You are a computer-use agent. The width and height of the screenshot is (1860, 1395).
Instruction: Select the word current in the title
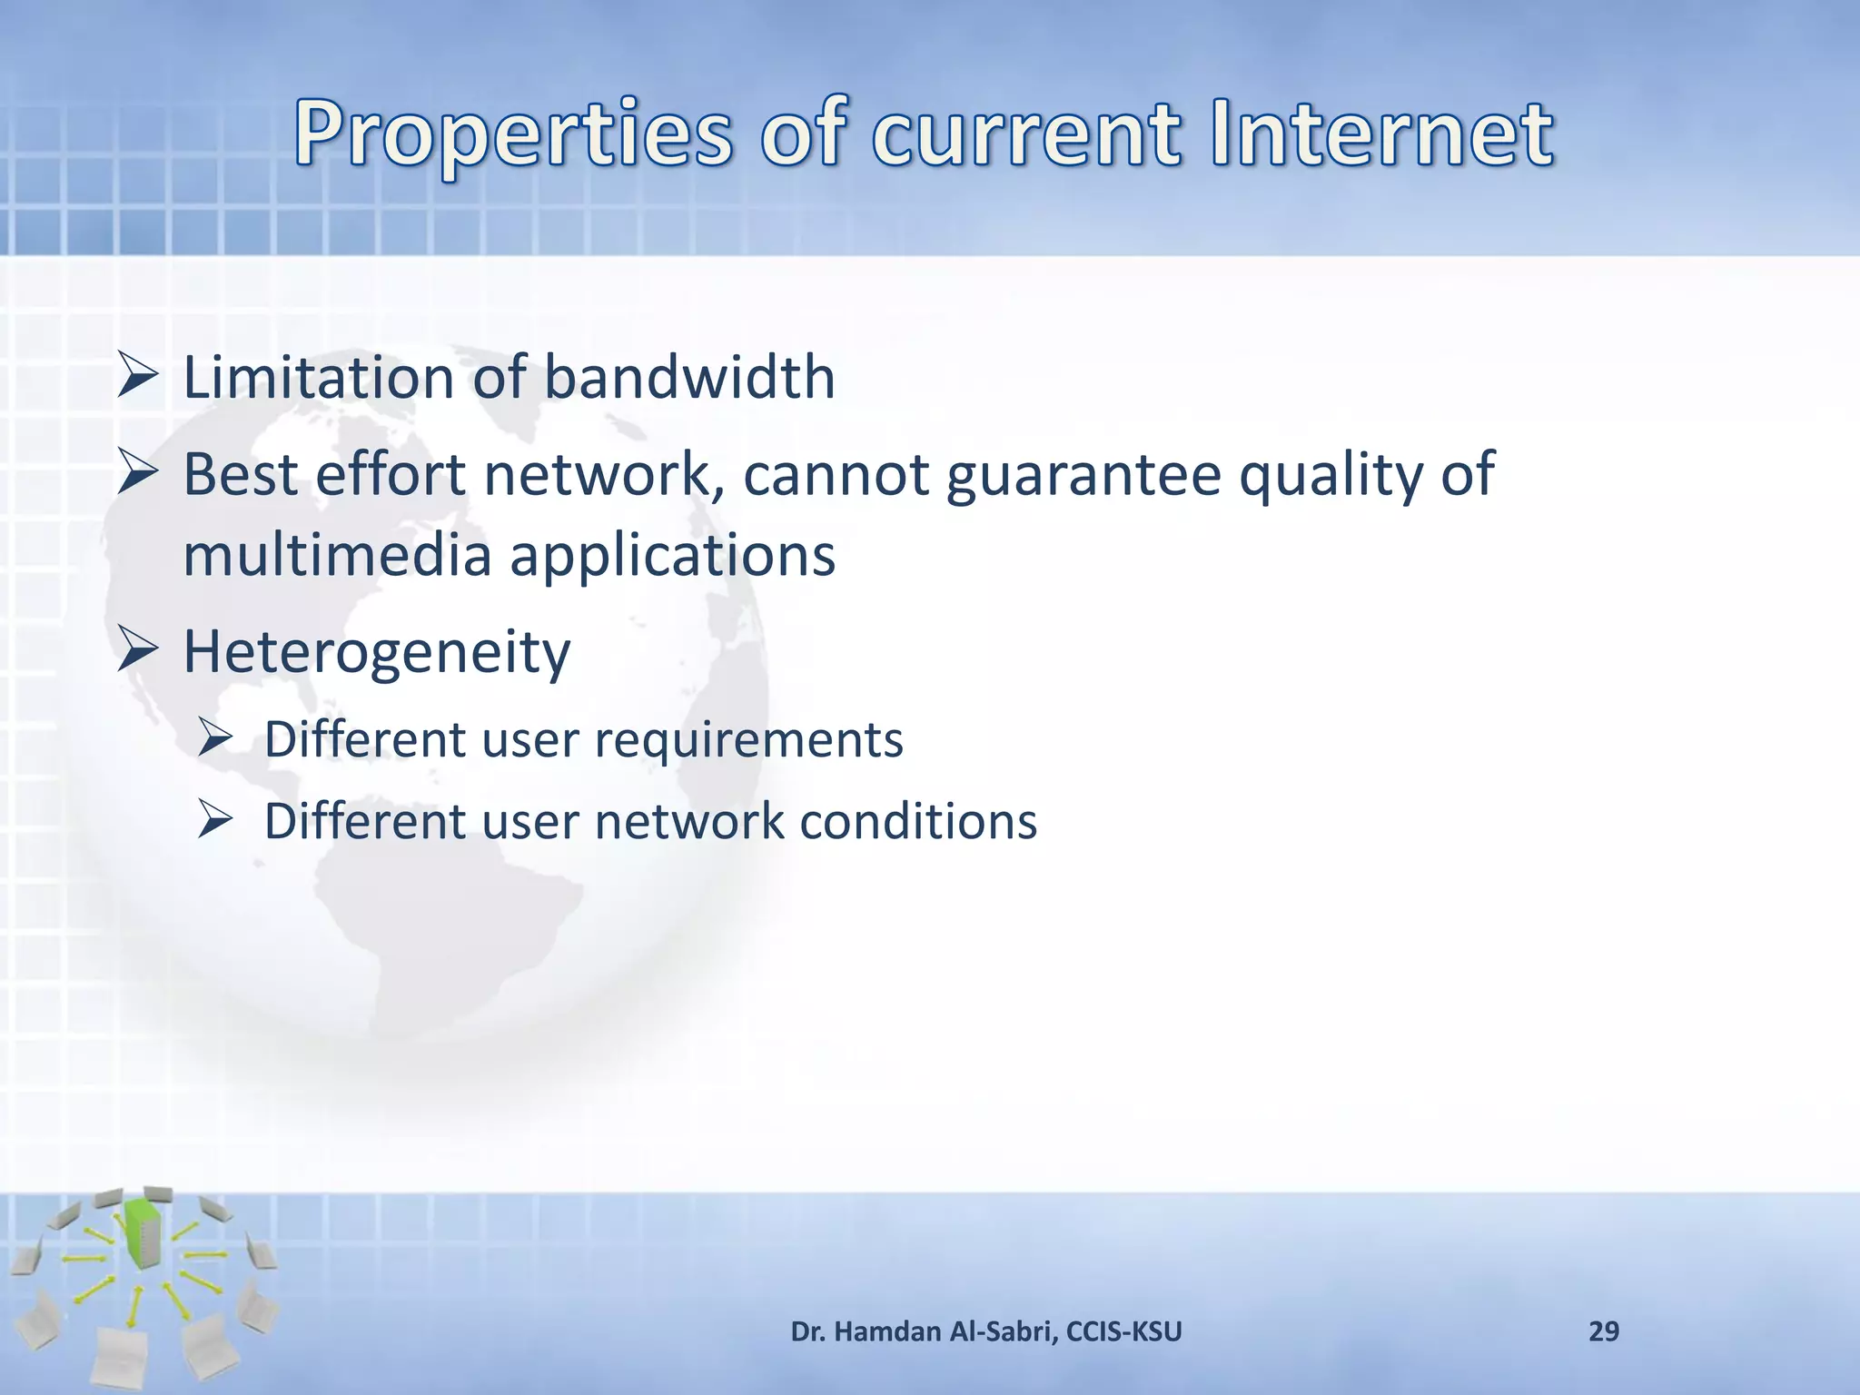(1026, 136)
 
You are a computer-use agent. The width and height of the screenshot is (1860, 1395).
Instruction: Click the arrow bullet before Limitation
(138, 379)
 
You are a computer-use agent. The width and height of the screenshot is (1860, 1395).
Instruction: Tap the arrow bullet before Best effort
(138, 475)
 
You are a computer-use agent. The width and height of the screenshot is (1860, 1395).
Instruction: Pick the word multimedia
(336, 555)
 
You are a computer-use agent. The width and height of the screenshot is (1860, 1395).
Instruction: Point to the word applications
(672, 555)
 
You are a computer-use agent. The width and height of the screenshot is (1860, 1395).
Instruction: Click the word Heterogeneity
(376, 652)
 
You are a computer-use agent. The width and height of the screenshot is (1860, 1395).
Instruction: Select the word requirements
(748, 739)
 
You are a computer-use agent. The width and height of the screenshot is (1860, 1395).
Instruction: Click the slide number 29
(1603, 1331)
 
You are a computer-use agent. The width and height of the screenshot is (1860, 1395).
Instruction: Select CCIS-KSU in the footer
(1123, 1331)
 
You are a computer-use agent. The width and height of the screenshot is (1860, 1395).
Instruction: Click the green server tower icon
(142, 1232)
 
